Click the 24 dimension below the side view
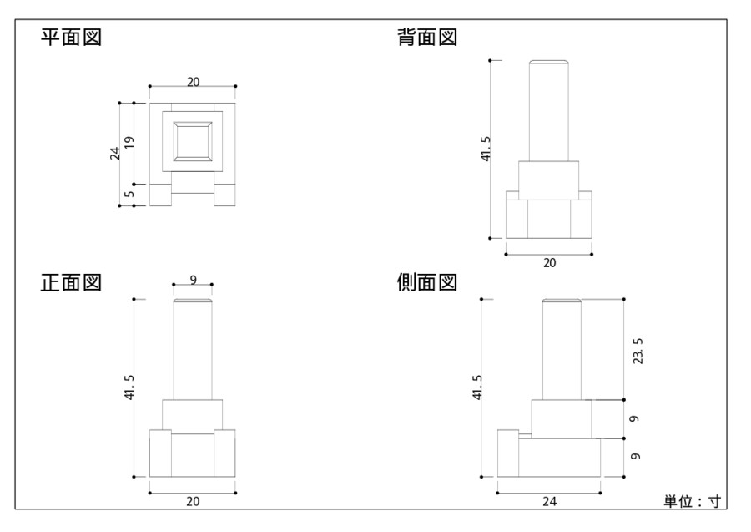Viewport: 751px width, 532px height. point(549,501)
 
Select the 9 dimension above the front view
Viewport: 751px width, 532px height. point(193,280)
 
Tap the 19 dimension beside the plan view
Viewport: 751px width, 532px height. point(129,144)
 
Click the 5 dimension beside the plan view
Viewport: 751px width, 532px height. point(129,195)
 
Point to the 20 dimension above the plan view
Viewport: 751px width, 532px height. point(193,81)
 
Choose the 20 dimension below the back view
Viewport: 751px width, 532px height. point(549,262)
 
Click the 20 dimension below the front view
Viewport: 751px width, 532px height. point(193,501)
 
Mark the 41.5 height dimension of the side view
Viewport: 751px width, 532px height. point(477,388)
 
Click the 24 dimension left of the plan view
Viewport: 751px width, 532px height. point(115,154)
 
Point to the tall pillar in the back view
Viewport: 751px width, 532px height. point(549,110)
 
